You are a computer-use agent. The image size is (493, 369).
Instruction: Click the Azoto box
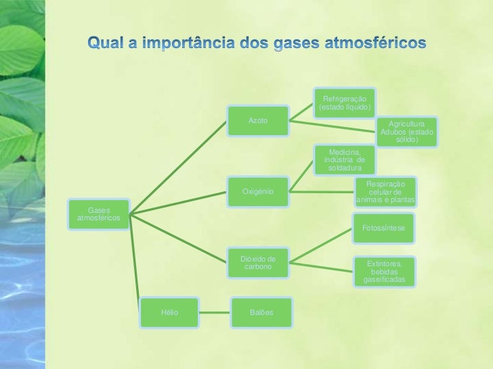[x=258, y=121]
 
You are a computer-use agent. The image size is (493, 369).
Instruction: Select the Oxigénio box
[x=258, y=192]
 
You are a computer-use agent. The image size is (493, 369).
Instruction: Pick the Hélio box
[x=169, y=312]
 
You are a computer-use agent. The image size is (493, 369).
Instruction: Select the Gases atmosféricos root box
[x=99, y=214]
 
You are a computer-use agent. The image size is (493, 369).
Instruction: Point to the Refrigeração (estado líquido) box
[x=344, y=103]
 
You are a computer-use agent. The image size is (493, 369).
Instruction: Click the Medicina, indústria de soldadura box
[x=344, y=159]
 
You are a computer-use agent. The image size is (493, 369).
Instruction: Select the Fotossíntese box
[x=384, y=228]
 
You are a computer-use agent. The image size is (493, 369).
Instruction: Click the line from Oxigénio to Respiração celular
[x=322, y=192]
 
